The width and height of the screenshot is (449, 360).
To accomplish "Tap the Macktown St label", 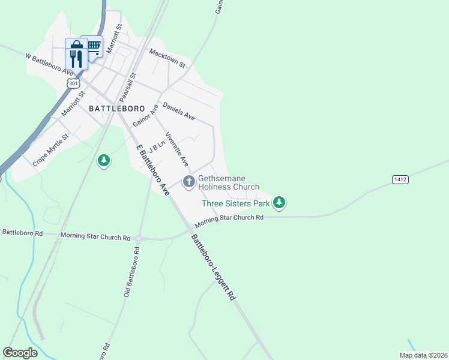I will point(167,58).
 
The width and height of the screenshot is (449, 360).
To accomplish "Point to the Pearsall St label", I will point(128,87).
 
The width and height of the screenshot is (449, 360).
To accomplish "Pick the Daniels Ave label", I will point(178,109).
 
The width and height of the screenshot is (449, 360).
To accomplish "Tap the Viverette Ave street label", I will point(177,149).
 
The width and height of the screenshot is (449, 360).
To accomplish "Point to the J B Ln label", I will point(157,148).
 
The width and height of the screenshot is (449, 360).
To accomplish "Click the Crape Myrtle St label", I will point(51,149).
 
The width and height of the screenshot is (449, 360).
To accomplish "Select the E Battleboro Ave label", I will point(152,170).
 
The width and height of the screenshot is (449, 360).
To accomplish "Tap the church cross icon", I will point(188,181).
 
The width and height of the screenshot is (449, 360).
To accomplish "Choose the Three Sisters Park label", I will point(235,203).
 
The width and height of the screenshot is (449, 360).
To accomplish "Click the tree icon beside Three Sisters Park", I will point(279,203).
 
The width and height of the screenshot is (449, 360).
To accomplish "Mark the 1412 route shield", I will point(400,179).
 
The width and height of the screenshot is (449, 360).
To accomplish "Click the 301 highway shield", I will point(73,83).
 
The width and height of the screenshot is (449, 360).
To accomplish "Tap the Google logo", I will point(20,352).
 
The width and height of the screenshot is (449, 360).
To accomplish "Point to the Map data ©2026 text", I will point(423,355).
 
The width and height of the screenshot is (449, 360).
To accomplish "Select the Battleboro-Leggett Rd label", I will point(214,267).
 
